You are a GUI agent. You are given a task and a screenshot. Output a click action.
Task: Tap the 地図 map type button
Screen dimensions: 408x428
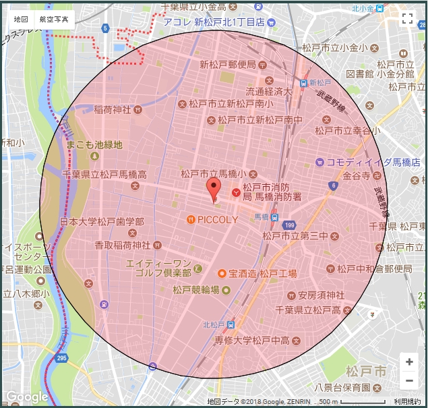click(20, 20)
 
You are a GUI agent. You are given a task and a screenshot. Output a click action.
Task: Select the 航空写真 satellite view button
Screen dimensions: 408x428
click(54, 20)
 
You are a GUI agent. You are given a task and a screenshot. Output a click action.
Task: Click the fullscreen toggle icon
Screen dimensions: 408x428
click(407, 19)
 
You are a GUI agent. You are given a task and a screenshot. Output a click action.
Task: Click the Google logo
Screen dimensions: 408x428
click(27, 397)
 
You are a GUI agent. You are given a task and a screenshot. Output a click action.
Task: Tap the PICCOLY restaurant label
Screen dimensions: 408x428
click(217, 220)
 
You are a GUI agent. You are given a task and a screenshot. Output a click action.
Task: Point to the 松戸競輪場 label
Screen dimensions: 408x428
click(195, 290)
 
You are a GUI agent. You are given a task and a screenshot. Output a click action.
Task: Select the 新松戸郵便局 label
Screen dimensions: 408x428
click(228, 65)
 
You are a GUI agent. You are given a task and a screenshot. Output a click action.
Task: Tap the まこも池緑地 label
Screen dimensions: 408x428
click(94, 144)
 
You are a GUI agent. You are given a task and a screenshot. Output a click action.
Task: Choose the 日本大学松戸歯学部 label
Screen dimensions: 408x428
click(102, 221)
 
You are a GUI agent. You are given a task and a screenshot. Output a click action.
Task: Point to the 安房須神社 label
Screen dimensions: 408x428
click(321, 295)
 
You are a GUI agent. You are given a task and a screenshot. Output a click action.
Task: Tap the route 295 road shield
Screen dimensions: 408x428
click(62, 357)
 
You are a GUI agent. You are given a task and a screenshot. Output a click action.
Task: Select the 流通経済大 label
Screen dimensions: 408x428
click(269, 92)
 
